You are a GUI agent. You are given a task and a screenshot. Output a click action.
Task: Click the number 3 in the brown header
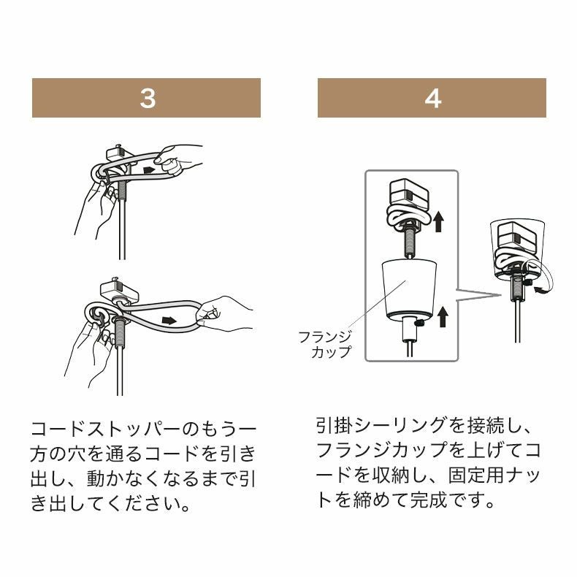148,99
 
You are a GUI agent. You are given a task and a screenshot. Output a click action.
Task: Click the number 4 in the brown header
432,99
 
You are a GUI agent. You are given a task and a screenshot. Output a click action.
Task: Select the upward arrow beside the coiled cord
438,221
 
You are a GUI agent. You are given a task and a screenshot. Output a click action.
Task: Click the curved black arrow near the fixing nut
541,291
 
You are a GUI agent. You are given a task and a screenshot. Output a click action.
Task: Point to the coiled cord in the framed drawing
407,217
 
